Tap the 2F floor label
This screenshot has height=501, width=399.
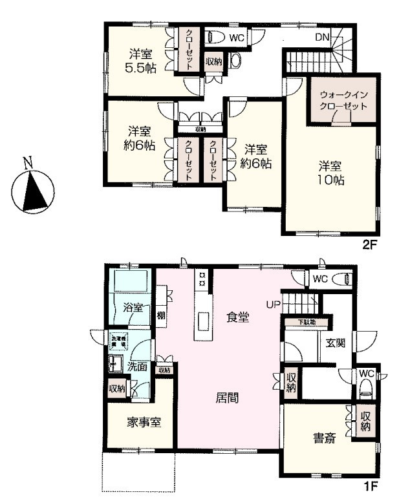pos(369,245)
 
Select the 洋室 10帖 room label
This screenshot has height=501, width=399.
pos(330,173)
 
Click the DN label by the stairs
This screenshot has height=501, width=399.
pos(323,37)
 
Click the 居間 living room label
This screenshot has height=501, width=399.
pos(226,398)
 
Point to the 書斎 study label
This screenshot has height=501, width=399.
pos(325,438)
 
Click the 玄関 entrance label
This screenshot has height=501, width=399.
pos(335,343)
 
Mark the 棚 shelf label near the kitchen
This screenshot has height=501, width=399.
pos(160,316)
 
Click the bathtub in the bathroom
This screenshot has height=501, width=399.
pos(132,281)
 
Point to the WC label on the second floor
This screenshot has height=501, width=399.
pos(237,37)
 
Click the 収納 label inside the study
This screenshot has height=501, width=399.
pos(365,421)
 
